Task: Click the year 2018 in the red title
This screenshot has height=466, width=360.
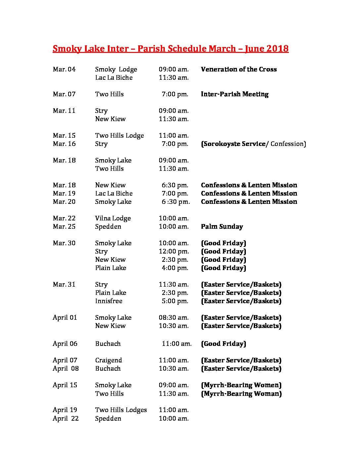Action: coord(277,49)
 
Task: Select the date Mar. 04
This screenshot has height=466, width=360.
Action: coord(64,69)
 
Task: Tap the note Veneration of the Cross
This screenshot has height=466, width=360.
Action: coord(239,69)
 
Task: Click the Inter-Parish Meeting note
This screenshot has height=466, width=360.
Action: coord(235,94)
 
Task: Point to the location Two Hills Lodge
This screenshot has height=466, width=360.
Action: coord(119,135)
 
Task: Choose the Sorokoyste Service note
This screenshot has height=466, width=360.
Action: coord(234,144)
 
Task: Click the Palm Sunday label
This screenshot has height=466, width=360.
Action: coord(222,226)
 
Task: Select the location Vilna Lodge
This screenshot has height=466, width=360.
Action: coord(113,218)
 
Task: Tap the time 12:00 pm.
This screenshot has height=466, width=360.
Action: coord(174,251)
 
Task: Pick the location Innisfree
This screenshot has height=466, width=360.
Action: coord(109,301)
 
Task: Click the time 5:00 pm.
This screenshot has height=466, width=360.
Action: coord(175,301)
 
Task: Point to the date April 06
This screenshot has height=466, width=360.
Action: coord(65,344)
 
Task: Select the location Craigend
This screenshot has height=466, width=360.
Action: coord(109,360)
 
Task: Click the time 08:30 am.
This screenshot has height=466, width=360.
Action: coord(174,317)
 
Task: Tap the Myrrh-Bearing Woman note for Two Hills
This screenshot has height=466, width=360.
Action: coord(241,394)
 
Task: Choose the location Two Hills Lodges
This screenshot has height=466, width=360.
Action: coord(121,410)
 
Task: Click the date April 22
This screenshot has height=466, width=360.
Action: coord(66,418)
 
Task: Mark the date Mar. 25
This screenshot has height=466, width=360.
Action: coord(64,226)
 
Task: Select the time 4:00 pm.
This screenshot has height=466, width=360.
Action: coord(175,268)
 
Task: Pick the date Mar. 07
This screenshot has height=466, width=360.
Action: coord(64,94)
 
